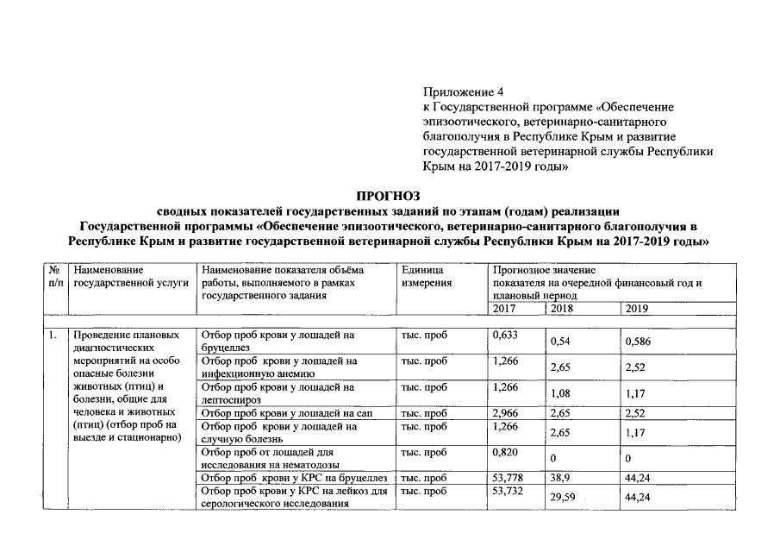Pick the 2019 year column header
tap(638, 308)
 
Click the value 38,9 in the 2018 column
tap(563, 477)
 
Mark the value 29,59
tap(565, 498)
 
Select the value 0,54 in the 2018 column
tap(561, 342)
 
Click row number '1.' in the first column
tap(53, 335)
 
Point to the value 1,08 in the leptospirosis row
tap(561, 394)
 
